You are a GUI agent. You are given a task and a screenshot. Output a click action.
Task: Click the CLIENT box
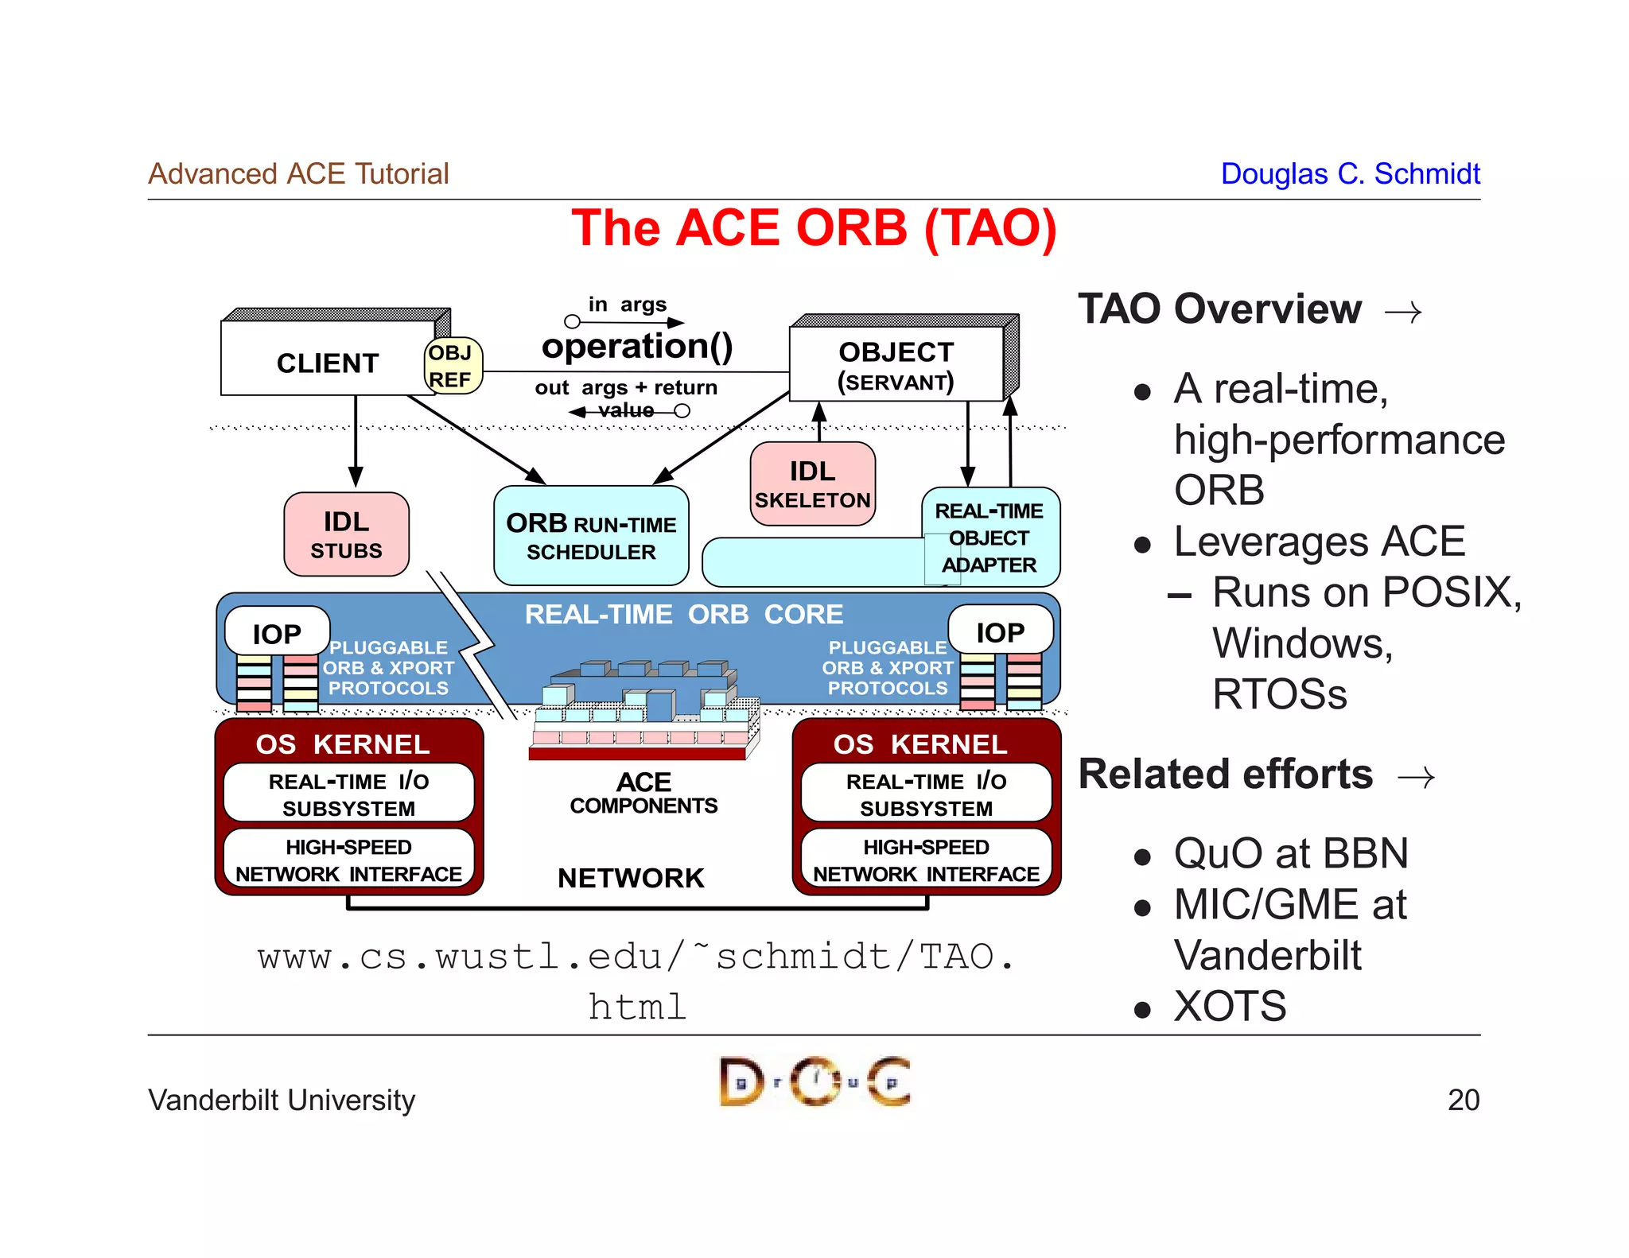(327, 363)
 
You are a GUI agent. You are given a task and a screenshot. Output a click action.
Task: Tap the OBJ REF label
(451, 366)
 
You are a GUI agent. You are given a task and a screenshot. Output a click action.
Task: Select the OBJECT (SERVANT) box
(896, 366)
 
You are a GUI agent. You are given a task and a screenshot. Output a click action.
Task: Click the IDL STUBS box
(346, 534)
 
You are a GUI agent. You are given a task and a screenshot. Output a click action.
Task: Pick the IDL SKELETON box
(812, 484)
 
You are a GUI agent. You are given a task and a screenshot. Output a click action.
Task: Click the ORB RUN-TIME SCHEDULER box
(591, 536)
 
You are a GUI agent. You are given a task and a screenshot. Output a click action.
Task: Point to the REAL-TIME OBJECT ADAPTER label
(989, 538)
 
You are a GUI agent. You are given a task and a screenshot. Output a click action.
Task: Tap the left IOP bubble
(277, 633)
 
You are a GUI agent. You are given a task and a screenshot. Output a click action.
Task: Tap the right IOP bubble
(1000, 631)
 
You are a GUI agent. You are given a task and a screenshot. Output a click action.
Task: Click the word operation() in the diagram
(636, 347)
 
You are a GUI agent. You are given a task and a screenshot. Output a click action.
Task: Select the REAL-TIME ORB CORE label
(683, 614)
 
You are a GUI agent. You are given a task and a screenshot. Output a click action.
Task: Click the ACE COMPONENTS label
(643, 793)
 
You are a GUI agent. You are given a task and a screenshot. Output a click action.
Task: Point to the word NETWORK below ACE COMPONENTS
(631, 878)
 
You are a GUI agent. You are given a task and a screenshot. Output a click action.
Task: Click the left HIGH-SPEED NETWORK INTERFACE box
(348, 860)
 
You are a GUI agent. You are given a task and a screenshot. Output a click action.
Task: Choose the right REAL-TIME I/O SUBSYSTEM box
(926, 794)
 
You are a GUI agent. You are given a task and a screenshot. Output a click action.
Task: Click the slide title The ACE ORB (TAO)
(814, 228)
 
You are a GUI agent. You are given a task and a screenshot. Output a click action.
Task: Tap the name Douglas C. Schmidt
(1350, 173)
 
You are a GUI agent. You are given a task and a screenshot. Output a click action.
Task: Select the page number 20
(1463, 1100)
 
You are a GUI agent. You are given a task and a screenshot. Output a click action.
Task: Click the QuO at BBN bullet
(1290, 853)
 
